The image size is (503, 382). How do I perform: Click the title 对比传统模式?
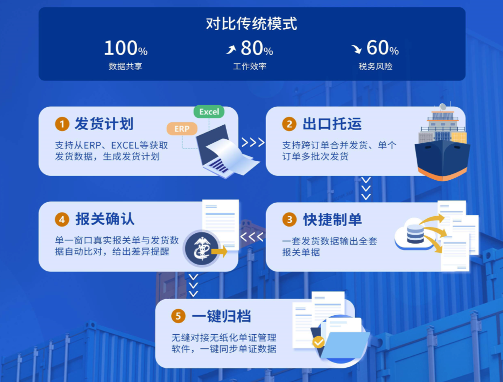coord(251,24)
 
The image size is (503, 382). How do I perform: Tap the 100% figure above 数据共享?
coord(126,48)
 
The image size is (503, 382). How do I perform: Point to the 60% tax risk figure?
coord(382,48)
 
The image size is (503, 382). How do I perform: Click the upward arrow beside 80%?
coord(231,49)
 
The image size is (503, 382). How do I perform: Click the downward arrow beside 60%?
coord(357,49)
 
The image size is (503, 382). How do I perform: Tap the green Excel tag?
coord(209,112)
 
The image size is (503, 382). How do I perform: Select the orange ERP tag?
coord(181,129)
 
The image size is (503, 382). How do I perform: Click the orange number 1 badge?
coord(62,124)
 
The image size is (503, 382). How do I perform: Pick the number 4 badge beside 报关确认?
coord(62,220)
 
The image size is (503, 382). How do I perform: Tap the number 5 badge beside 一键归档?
coord(178,316)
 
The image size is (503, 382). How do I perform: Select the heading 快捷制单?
coord(332,220)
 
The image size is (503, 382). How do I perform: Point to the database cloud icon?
coord(413,234)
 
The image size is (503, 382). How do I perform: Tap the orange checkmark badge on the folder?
coord(319,342)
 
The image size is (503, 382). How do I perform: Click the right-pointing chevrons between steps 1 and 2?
coord(252,142)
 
